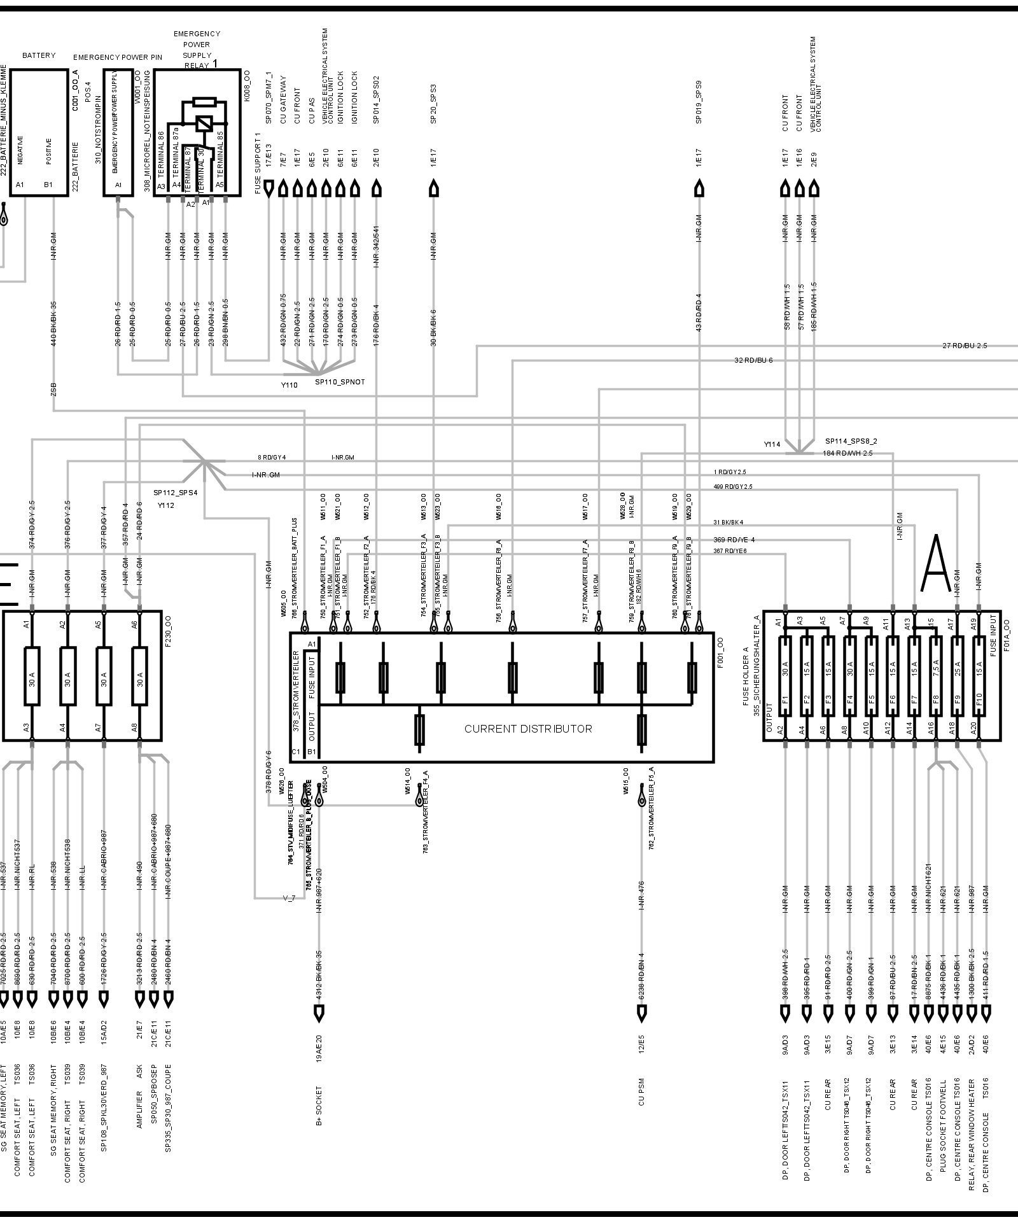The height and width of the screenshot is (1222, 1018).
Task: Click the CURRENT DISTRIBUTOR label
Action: (x=528, y=729)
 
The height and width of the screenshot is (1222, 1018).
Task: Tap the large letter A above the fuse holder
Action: (x=935, y=563)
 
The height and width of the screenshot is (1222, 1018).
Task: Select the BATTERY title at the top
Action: (x=39, y=56)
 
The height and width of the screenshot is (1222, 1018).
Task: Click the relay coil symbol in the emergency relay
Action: (x=204, y=123)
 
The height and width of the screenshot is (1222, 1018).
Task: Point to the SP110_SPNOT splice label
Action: (x=340, y=383)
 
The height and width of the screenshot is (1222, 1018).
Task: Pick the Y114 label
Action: (x=772, y=444)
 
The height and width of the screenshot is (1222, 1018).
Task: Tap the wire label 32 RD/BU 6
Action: (x=753, y=361)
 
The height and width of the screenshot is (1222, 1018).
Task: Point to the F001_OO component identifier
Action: (x=720, y=652)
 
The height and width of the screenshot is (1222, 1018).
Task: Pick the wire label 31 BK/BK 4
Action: (x=729, y=523)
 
